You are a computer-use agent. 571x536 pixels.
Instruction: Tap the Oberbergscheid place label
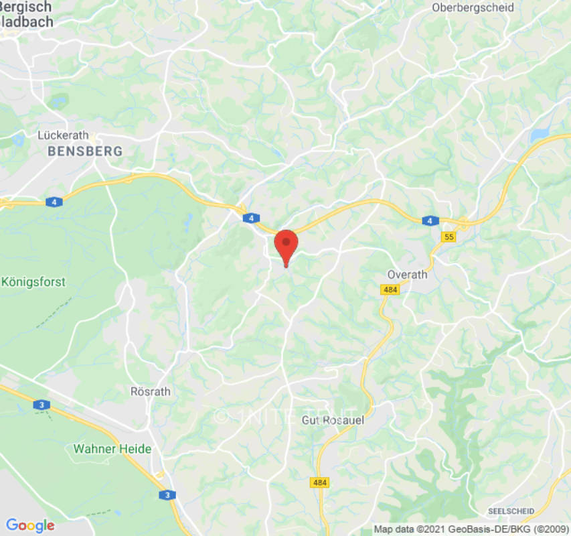[x=473, y=8]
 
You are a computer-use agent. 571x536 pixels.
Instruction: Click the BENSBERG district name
[x=85, y=151]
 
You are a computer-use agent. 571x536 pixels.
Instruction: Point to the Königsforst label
[x=33, y=282]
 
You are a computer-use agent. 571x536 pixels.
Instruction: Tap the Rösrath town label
[x=150, y=391]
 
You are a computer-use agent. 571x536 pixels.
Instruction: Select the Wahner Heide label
[x=112, y=448]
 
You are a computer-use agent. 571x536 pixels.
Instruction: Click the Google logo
[x=29, y=525]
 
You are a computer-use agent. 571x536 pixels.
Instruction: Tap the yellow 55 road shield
[x=448, y=237]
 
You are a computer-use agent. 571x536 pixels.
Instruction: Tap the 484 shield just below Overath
[x=390, y=289]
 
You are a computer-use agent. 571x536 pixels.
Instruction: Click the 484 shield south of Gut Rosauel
[x=319, y=482]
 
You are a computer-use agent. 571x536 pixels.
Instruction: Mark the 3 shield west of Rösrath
[x=42, y=405]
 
